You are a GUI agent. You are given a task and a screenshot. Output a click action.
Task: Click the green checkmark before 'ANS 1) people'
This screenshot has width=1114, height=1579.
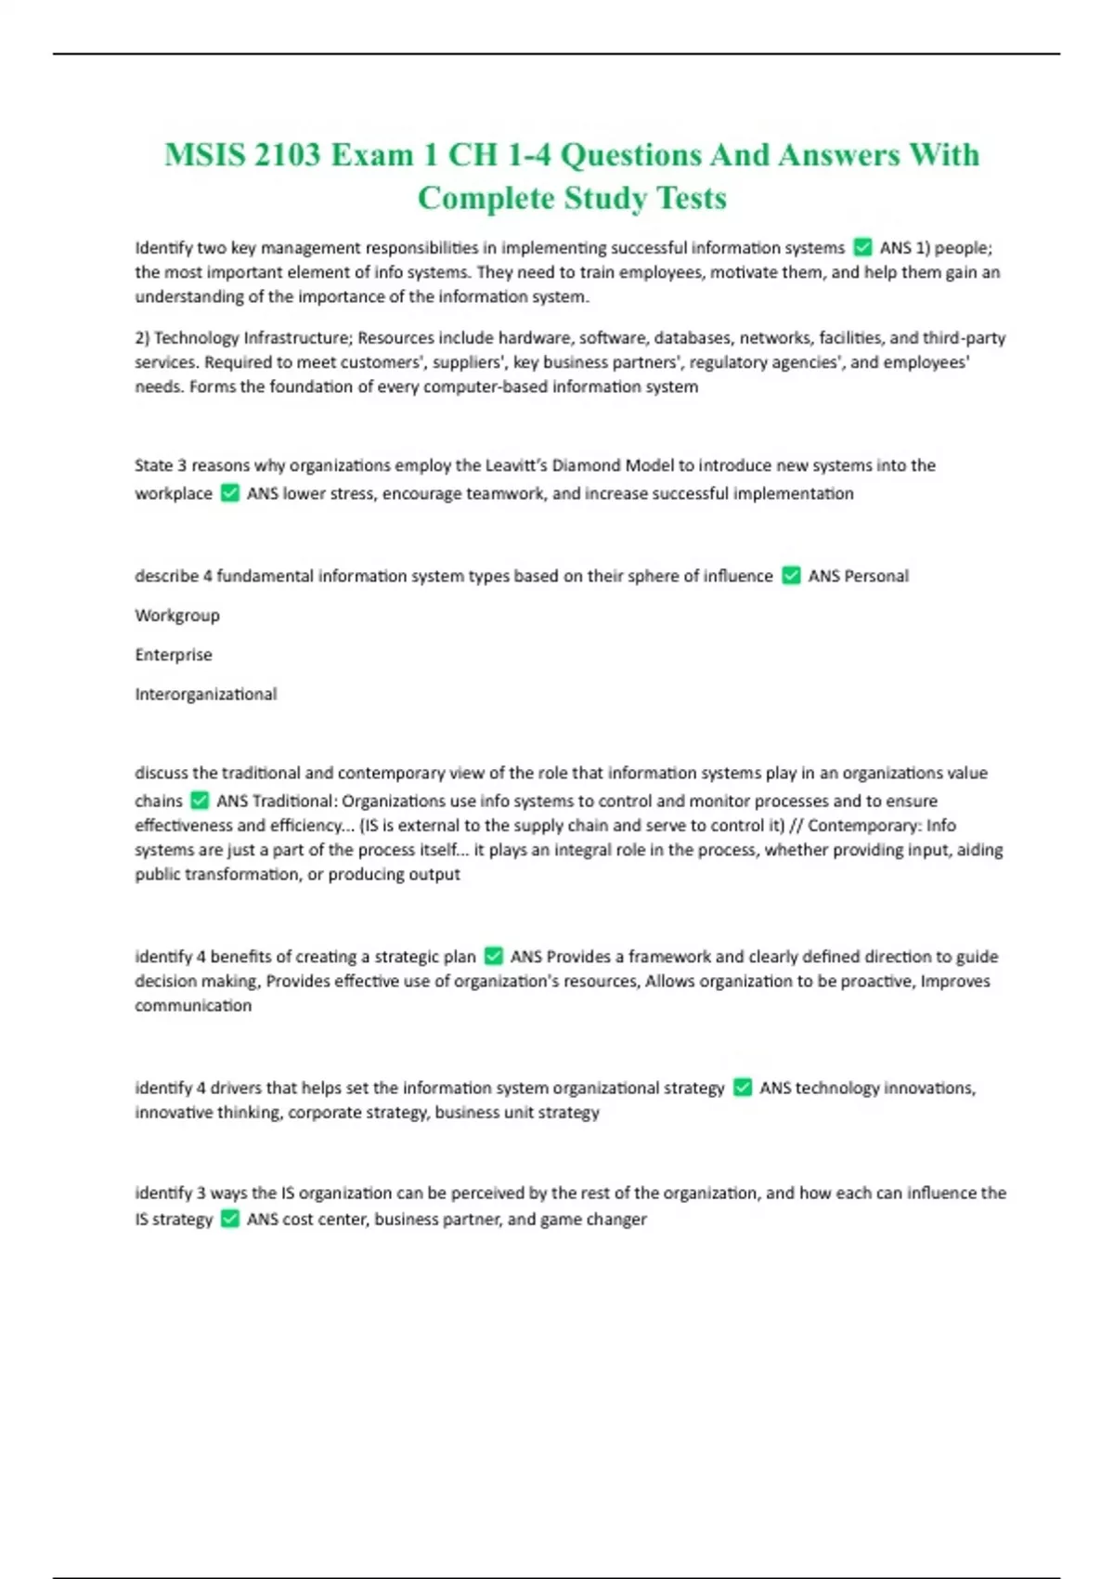pyautogui.click(x=862, y=247)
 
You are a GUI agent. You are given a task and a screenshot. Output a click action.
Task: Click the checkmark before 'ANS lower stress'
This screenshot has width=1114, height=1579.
pyautogui.click(x=230, y=493)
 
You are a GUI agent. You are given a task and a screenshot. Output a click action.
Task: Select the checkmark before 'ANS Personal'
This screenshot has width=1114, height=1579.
pyautogui.click(x=791, y=576)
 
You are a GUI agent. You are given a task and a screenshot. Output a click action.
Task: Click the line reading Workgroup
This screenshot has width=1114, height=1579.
pyautogui.click(x=177, y=615)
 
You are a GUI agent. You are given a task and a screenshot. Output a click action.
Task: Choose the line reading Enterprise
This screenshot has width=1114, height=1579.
pyautogui.click(x=174, y=655)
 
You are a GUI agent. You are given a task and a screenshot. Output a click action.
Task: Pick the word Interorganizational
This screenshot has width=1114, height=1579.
pyautogui.click(x=206, y=694)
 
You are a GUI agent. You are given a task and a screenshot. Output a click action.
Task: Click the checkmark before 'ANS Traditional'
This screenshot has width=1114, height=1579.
pyautogui.click(x=200, y=801)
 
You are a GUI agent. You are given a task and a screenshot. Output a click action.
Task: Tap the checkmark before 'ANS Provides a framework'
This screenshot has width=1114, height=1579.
pyautogui.click(x=494, y=956)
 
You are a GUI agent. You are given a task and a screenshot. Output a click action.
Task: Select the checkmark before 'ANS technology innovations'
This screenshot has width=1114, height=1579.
pyautogui.click(x=743, y=1088)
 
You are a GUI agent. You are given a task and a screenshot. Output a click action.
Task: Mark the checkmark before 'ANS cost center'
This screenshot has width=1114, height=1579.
pyautogui.click(x=230, y=1219)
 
